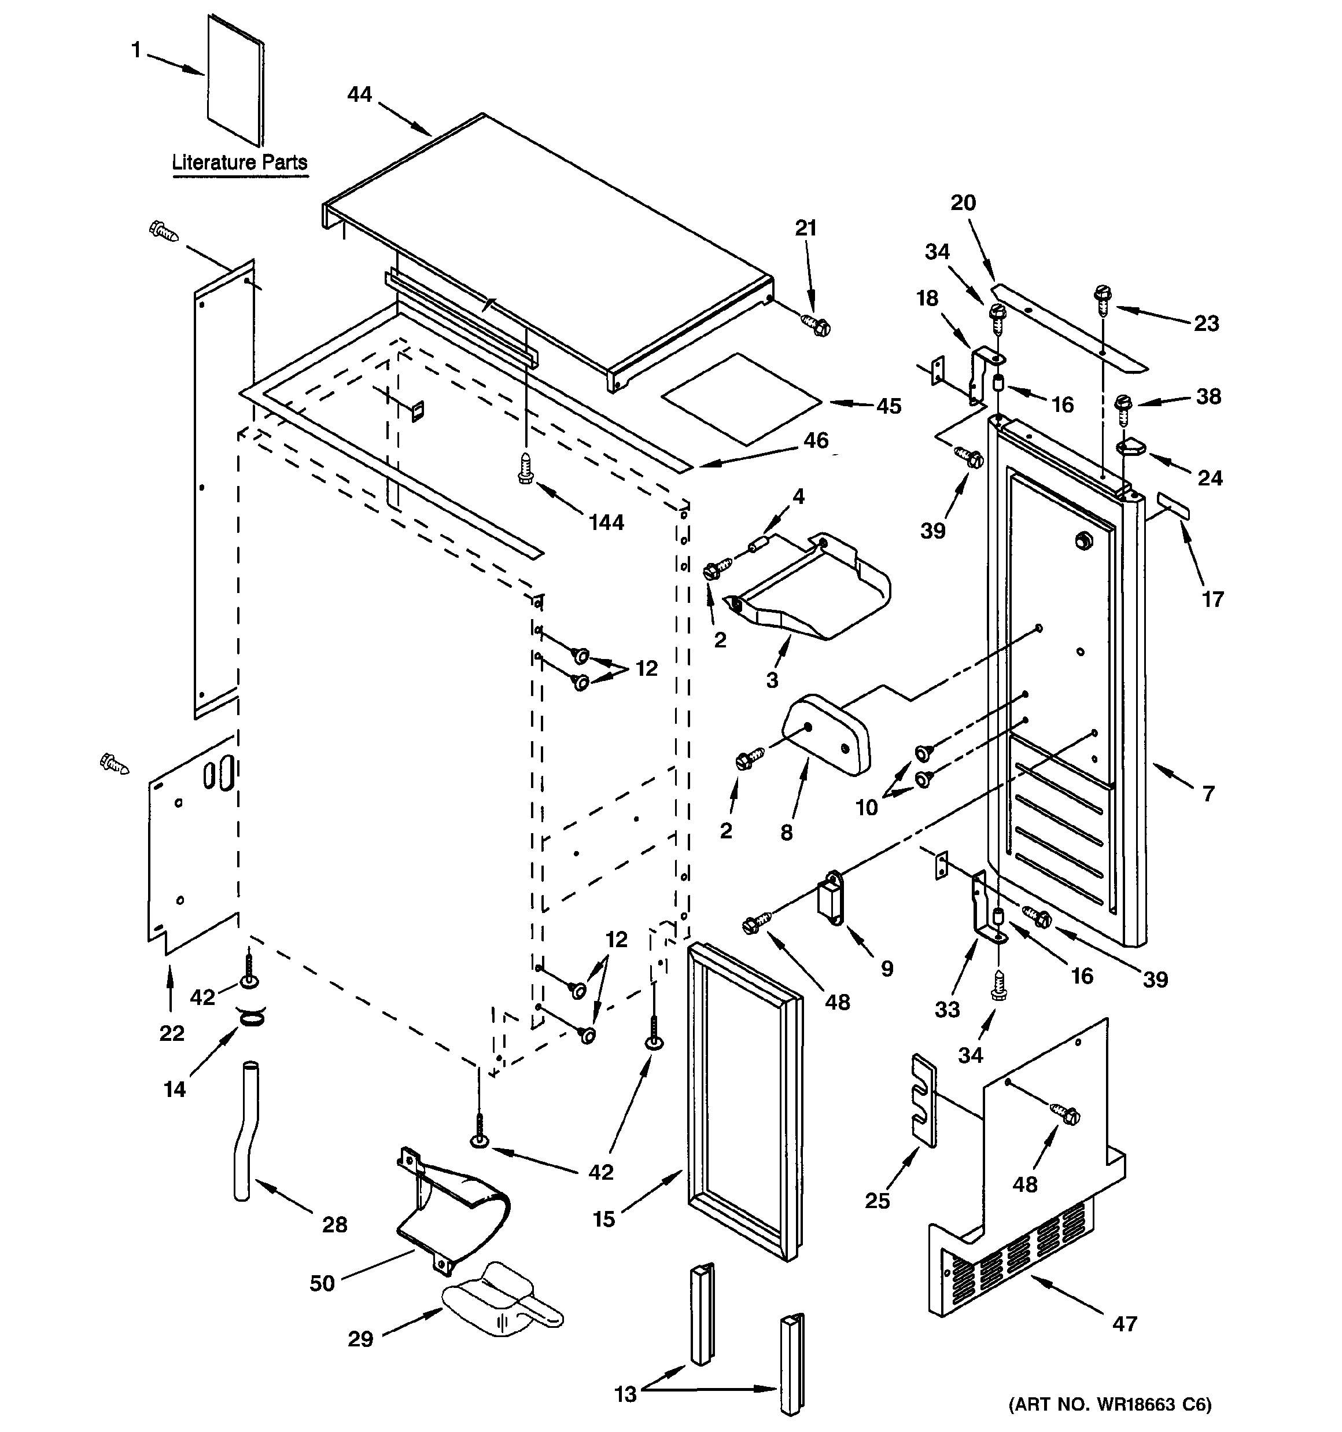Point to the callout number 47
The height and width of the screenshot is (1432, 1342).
1125,1324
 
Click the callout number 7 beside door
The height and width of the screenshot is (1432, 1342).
1208,794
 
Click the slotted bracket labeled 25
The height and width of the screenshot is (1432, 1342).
924,1100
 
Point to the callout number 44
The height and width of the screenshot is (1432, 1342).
359,94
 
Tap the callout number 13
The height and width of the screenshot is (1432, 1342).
625,1394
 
